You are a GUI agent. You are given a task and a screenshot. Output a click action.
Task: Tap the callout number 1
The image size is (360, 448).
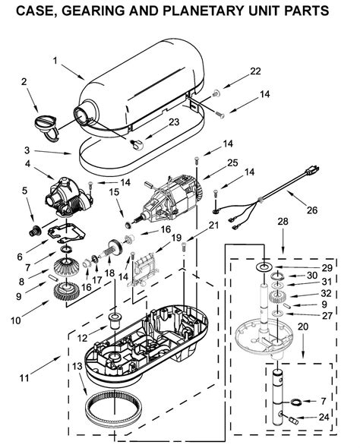click(x=55, y=60)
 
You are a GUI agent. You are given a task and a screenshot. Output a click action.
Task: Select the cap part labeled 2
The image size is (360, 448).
click(x=47, y=124)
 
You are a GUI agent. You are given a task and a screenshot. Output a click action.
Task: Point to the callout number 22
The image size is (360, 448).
click(x=255, y=71)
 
